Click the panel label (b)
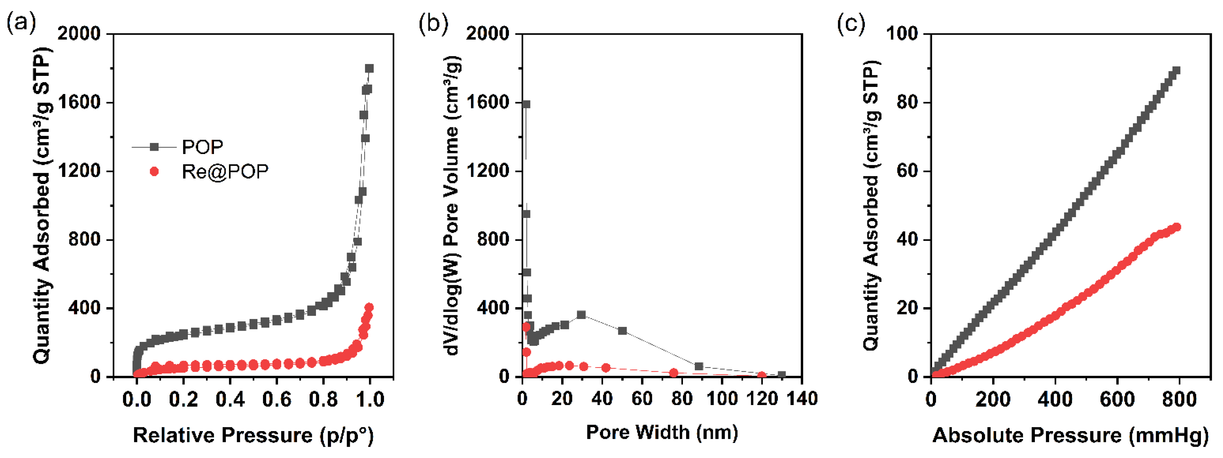coord(433,23)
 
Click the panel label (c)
coord(851,23)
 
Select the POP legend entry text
coord(203,147)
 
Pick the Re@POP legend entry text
coord(225,172)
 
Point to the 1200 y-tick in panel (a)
coord(79,171)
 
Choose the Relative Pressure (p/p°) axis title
coord(253,435)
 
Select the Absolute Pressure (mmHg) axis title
coord(1070,435)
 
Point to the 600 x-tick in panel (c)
coord(1117,399)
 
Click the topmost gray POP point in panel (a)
coord(369,68)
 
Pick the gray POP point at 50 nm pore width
coord(622,330)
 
